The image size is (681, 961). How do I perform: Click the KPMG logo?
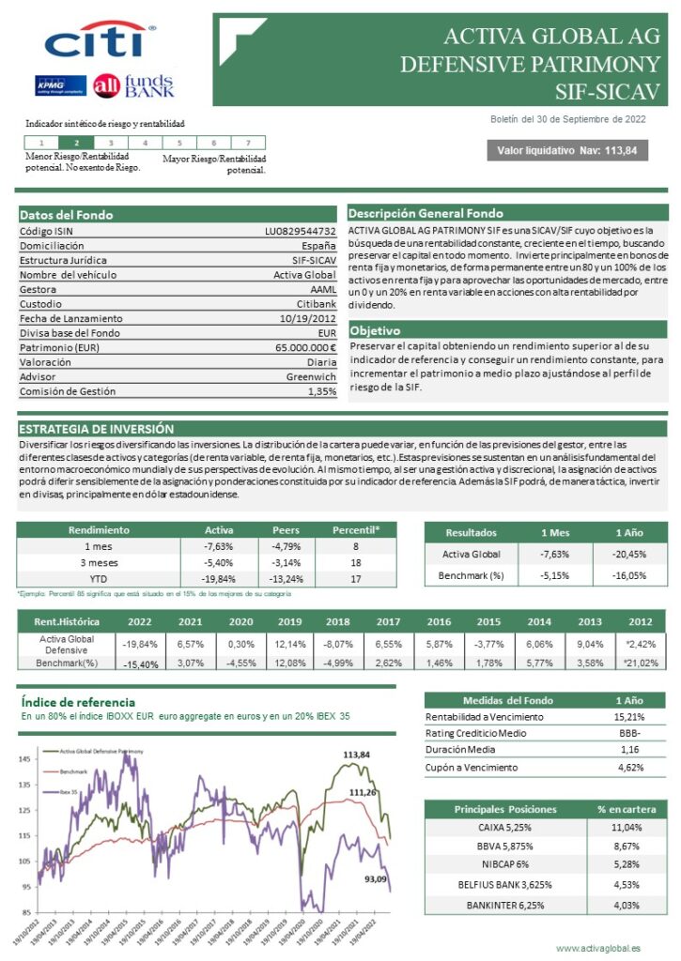tap(60, 85)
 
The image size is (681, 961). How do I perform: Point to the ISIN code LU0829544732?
tap(300, 231)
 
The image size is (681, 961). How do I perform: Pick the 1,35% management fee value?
tap(321, 391)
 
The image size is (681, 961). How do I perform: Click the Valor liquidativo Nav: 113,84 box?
tap(566, 150)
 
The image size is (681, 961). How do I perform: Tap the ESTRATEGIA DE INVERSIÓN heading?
tap(97, 428)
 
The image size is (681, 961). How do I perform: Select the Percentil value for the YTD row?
tap(356, 578)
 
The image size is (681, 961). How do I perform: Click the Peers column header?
tap(286, 530)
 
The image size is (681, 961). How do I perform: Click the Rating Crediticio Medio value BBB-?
tap(631, 733)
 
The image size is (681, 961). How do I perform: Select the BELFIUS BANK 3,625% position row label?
tap(504, 883)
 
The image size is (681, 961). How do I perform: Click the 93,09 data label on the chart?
tap(376, 878)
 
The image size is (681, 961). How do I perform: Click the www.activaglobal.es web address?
tap(598, 949)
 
